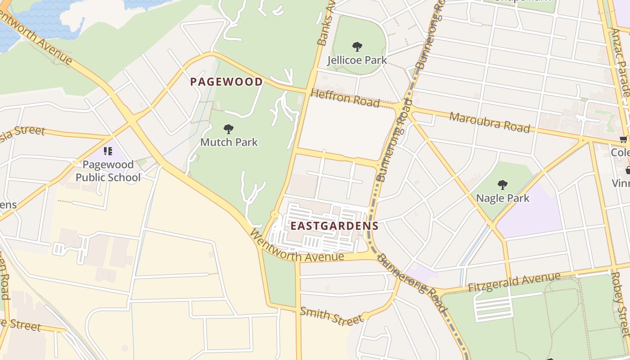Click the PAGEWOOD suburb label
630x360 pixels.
click(226, 82)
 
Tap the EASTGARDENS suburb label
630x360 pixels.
click(334, 226)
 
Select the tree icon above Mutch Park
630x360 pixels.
click(229, 130)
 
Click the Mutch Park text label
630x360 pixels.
click(229, 142)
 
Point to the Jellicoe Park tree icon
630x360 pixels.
click(357, 46)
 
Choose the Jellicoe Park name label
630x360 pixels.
click(357, 60)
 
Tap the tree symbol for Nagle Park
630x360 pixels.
click(503, 184)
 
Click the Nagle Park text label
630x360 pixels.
click(503, 198)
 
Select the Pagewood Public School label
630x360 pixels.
click(108, 171)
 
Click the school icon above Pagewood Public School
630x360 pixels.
click(108, 151)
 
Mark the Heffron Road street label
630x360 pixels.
click(345, 98)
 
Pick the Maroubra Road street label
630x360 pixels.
click(490, 122)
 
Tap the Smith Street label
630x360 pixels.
click(331, 316)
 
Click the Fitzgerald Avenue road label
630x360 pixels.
click(514, 282)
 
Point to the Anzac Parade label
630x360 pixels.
click(621, 63)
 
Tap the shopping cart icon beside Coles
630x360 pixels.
click(624, 140)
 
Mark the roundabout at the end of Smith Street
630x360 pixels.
click(366, 316)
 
